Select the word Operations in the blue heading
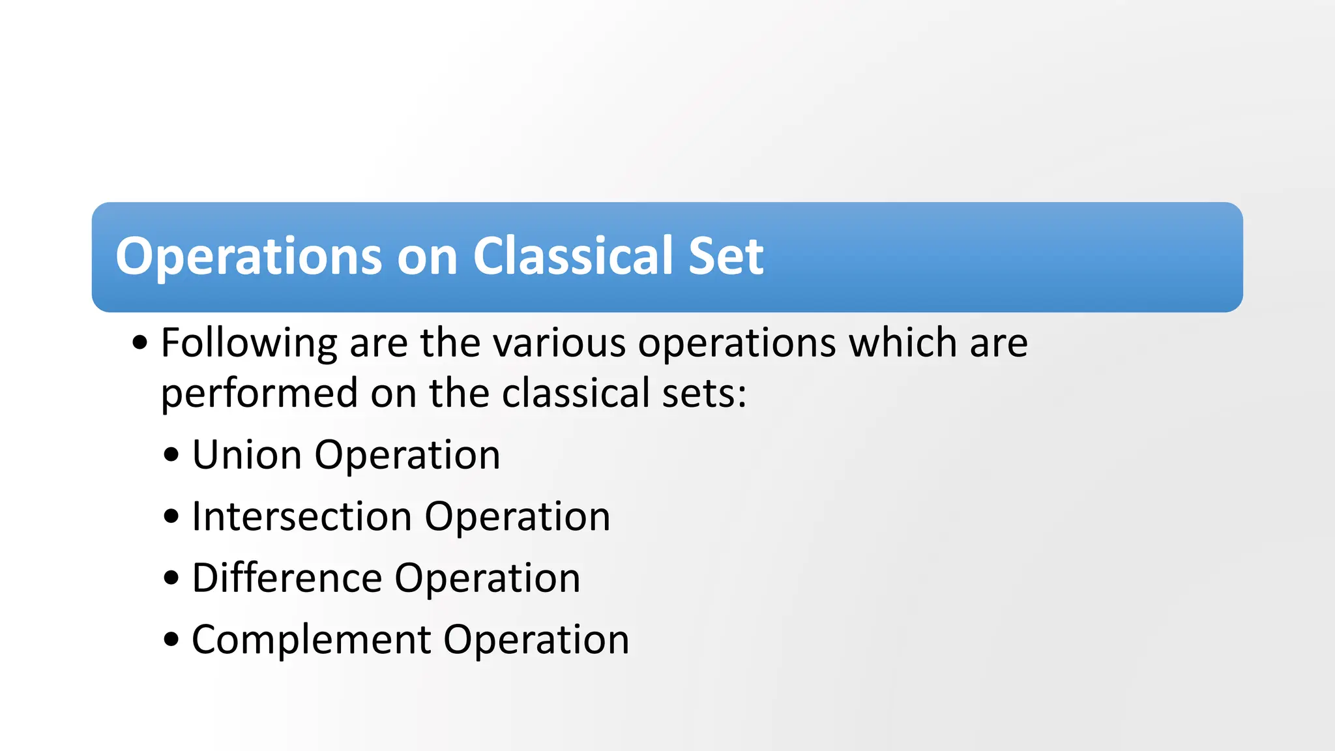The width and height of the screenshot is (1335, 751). tap(248, 257)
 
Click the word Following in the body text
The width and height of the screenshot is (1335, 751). tap(249, 344)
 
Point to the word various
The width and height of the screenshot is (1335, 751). tap(558, 344)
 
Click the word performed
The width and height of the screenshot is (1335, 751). tap(259, 394)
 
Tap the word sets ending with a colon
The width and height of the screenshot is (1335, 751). tap(704, 394)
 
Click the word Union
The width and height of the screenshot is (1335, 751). tap(246, 454)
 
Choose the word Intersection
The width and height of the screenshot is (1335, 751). tap(302, 516)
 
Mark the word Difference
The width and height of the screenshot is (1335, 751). tap(287, 578)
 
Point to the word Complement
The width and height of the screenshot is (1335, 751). tap(311, 640)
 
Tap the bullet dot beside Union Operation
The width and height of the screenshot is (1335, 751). tap(171, 454)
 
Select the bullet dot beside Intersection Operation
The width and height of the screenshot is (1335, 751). tap(171, 516)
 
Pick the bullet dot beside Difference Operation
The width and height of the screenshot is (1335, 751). tap(171, 578)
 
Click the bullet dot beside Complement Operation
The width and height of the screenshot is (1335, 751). tap(171, 640)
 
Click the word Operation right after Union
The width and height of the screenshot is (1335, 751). tap(407, 456)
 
